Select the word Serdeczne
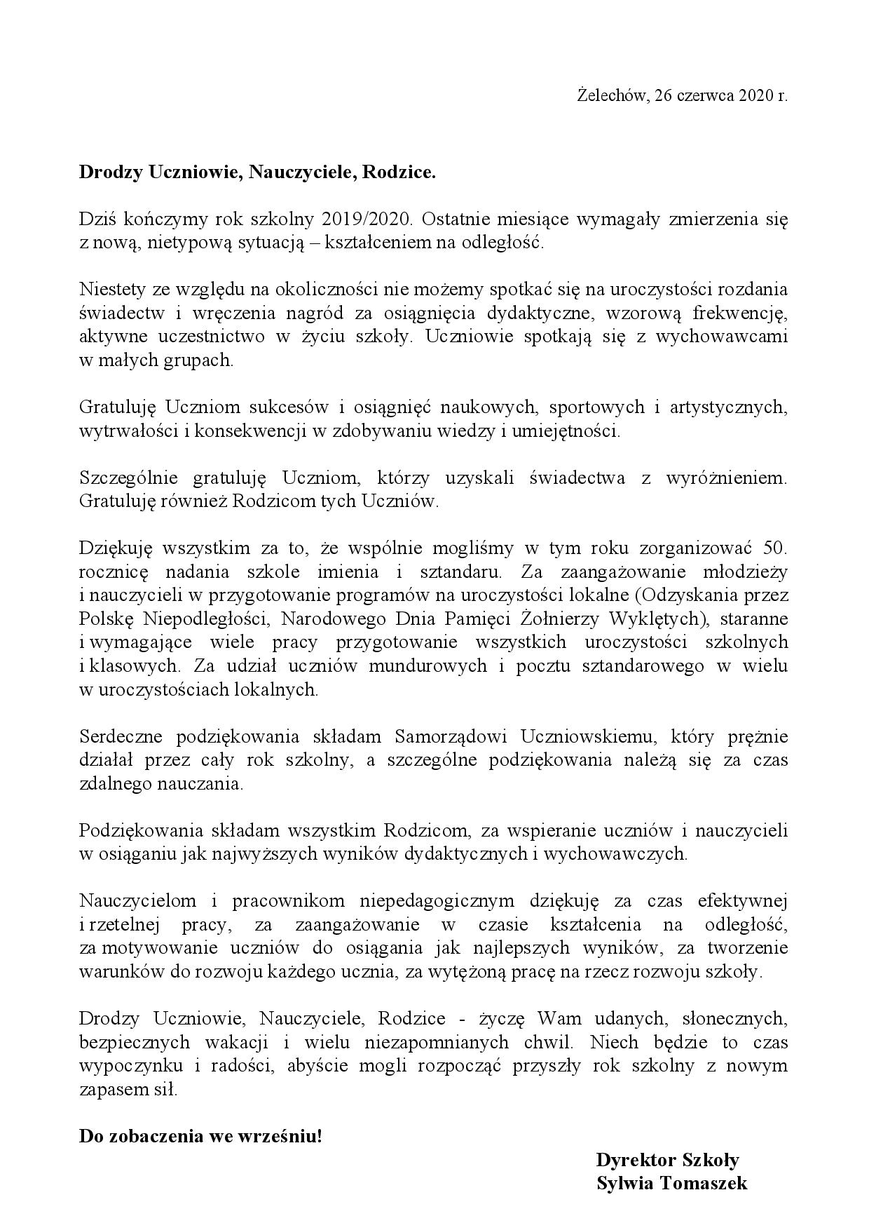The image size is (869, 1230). pos(121,737)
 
